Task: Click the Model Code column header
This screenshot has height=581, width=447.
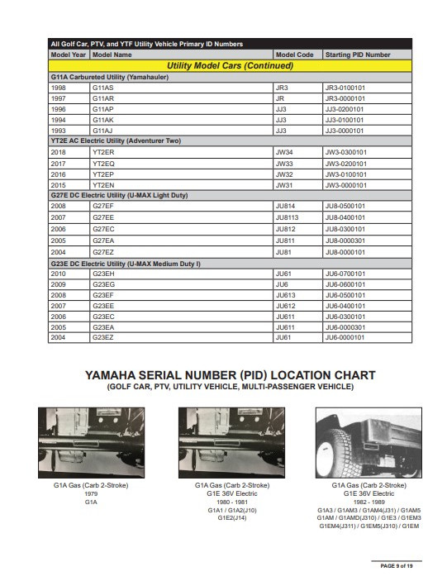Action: pos(294,55)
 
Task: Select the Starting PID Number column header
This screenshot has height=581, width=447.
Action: pos(358,55)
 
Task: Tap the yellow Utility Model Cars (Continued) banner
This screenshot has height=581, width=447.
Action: pos(230,65)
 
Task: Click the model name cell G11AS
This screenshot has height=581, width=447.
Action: pos(103,87)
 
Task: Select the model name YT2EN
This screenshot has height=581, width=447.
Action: pos(104,184)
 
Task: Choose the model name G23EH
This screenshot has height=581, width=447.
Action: pos(104,273)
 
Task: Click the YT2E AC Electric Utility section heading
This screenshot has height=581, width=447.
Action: pos(115,141)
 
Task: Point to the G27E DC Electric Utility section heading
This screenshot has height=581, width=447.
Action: pos(119,196)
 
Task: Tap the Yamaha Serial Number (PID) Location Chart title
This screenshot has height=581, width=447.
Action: pos(230,375)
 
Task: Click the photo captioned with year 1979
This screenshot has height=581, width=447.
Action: pos(91,441)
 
